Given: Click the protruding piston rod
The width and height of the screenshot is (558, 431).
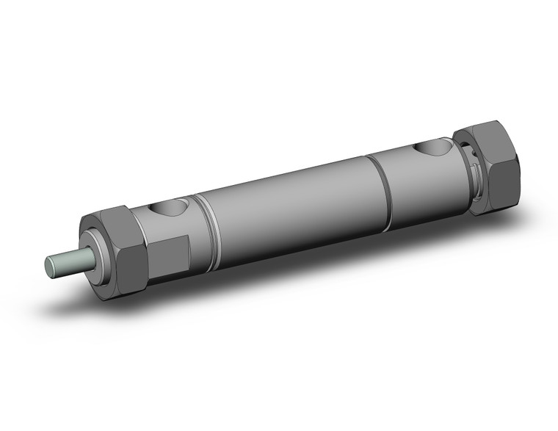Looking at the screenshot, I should point(70,262).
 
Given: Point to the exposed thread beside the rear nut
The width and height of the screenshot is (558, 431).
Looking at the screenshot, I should point(470,176).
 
